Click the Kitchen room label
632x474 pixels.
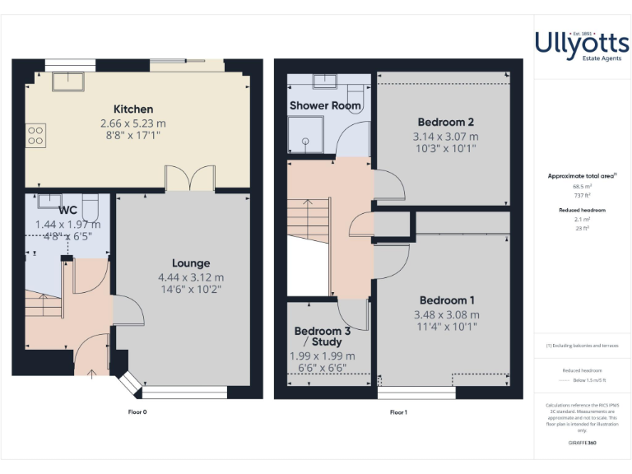coord(133,109)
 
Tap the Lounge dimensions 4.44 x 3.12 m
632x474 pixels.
coord(190,277)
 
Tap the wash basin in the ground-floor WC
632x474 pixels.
coord(49,200)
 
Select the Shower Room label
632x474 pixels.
coord(326,105)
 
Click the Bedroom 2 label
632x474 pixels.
coord(445,122)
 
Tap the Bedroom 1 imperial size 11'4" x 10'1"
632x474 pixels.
coord(446,326)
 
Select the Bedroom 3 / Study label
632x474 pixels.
coord(323,337)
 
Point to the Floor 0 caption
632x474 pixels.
coord(137,411)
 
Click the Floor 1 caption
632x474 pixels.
coord(398,411)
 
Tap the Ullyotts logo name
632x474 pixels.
coord(582,42)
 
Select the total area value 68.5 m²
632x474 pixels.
coord(582,187)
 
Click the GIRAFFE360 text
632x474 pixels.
coord(582,443)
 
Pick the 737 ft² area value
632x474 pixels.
coord(582,194)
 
